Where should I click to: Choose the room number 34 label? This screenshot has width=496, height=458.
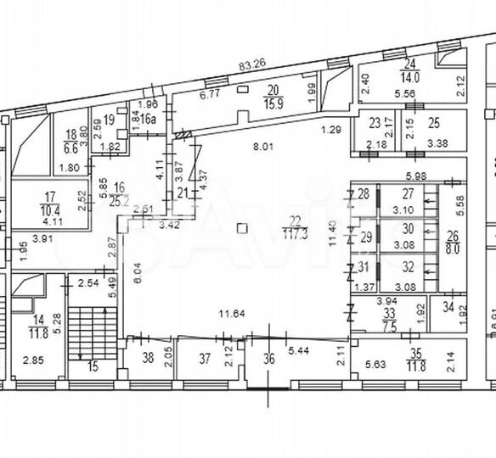coord(447,308)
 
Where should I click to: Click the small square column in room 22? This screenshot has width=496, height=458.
coord(243,227)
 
